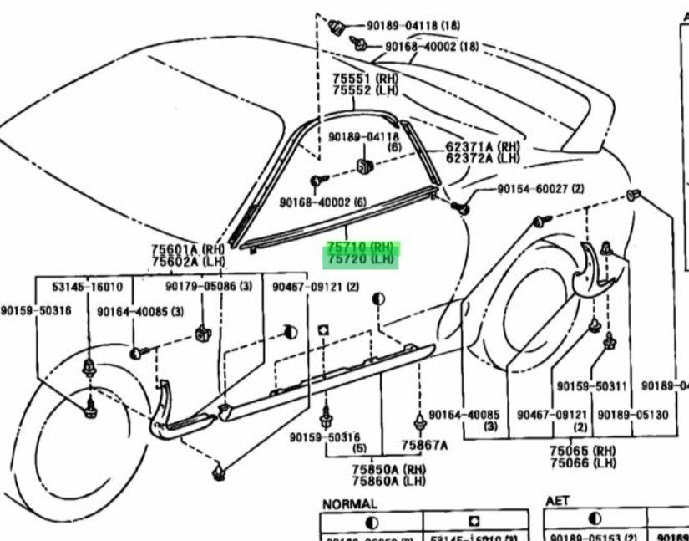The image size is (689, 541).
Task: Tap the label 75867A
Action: [x=423, y=446]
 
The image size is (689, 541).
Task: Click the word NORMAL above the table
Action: [x=349, y=504]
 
